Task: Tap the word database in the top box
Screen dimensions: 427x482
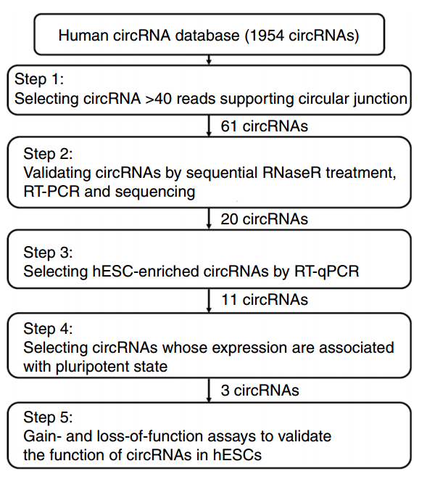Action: [x=207, y=36]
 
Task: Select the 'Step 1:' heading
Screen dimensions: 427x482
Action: [x=39, y=79]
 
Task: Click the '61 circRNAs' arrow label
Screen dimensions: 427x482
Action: [x=265, y=126]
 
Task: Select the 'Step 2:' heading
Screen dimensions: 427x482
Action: [x=48, y=154]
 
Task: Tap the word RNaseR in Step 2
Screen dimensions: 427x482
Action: [x=291, y=173]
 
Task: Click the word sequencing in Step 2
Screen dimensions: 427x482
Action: [x=155, y=192]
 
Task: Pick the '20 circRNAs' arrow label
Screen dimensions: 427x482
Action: [x=265, y=219]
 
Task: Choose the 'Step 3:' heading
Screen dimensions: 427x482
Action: [x=48, y=253]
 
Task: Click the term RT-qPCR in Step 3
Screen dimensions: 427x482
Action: [x=327, y=272]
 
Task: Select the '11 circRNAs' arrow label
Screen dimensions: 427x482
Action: [x=265, y=300]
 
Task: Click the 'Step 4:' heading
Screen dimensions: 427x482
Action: [x=48, y=329]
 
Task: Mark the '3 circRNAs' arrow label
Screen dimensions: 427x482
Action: [x=260, y=391]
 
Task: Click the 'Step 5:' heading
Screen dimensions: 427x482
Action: [x=48, y=417]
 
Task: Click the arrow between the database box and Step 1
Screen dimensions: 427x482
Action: [x=209, y=60]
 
